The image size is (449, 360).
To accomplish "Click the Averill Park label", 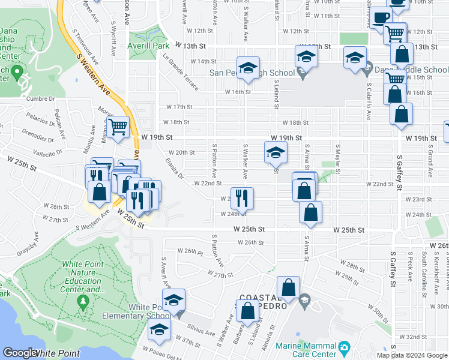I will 148,46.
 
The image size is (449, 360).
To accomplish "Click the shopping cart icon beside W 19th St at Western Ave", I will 118,126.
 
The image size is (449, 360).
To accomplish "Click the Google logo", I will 20,353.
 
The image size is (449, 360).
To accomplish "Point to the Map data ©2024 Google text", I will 412,355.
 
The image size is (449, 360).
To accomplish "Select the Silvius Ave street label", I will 203,332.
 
